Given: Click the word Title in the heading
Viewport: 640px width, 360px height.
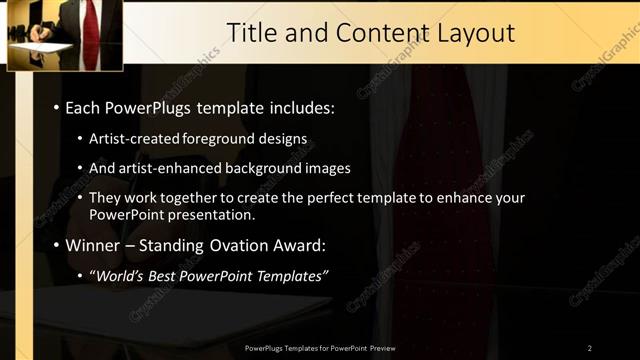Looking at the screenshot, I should click(x=253, y=32).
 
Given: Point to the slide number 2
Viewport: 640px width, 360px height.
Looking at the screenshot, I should click(x=590, y=348).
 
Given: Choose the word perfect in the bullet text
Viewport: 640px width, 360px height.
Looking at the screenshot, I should click(x=350, y=198).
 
